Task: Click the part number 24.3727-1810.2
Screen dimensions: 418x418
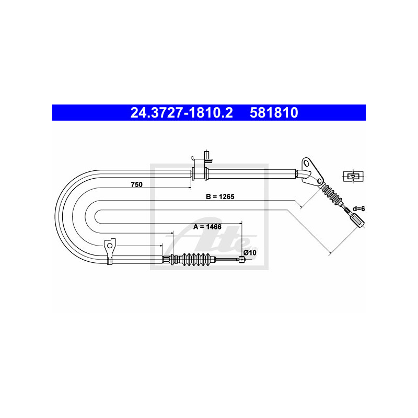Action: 181,113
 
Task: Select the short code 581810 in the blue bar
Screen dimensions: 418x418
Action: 274,113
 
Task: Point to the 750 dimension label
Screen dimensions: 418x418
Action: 137,184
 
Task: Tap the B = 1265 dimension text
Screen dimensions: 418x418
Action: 220,197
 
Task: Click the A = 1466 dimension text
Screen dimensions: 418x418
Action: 207,227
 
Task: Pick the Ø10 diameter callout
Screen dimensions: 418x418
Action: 250,252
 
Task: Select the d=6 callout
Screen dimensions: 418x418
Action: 358,208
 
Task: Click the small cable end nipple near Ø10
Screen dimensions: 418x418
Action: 241,259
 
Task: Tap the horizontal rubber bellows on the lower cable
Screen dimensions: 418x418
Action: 198,259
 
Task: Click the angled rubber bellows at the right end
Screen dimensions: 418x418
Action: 332,195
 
